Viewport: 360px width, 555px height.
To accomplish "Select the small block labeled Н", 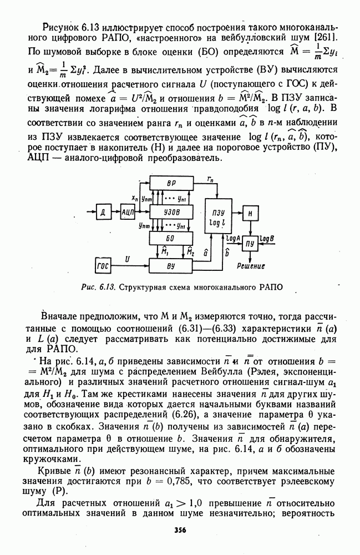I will coord(250,213).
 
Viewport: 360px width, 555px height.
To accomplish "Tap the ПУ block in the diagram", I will coord(250,244).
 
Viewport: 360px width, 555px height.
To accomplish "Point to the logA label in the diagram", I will coord(232,237).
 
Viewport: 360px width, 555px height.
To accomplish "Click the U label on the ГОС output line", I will coord(128,259).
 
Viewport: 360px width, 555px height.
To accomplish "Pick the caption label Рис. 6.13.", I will coord(97,287).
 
